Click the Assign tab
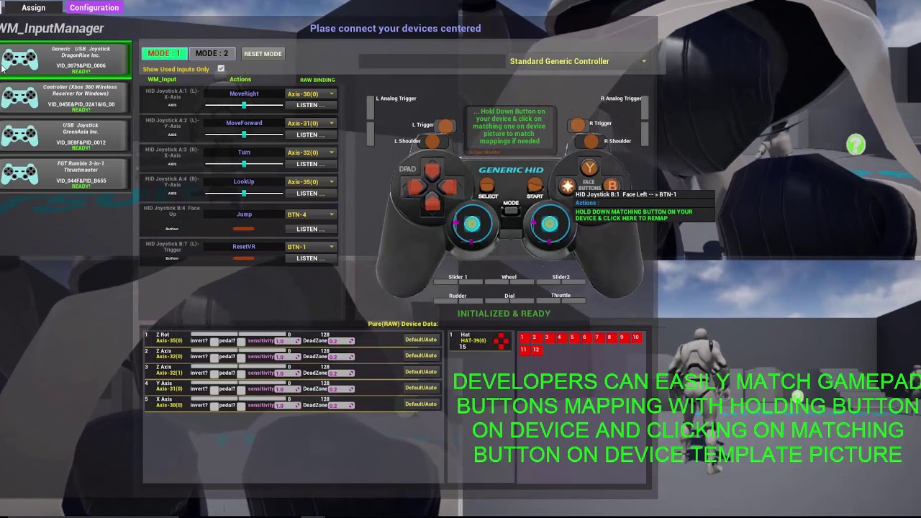pos(33,7)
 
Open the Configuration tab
pos(94,7)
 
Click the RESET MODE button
pos(263,54)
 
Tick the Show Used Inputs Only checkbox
pos(221,69)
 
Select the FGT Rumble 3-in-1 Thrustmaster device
pos(65,174)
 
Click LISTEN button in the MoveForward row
pos(310,135)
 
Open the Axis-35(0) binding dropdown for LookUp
pos(310,182)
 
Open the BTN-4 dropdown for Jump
pos(310,214)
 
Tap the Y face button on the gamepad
pos(589,168)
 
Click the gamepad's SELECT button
pos(488,186)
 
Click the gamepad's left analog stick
pos(472,224)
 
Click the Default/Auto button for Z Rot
pos(421,340)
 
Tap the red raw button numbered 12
pos(536,350)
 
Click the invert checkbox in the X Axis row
pos(214,406)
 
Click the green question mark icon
pos(856,145)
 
